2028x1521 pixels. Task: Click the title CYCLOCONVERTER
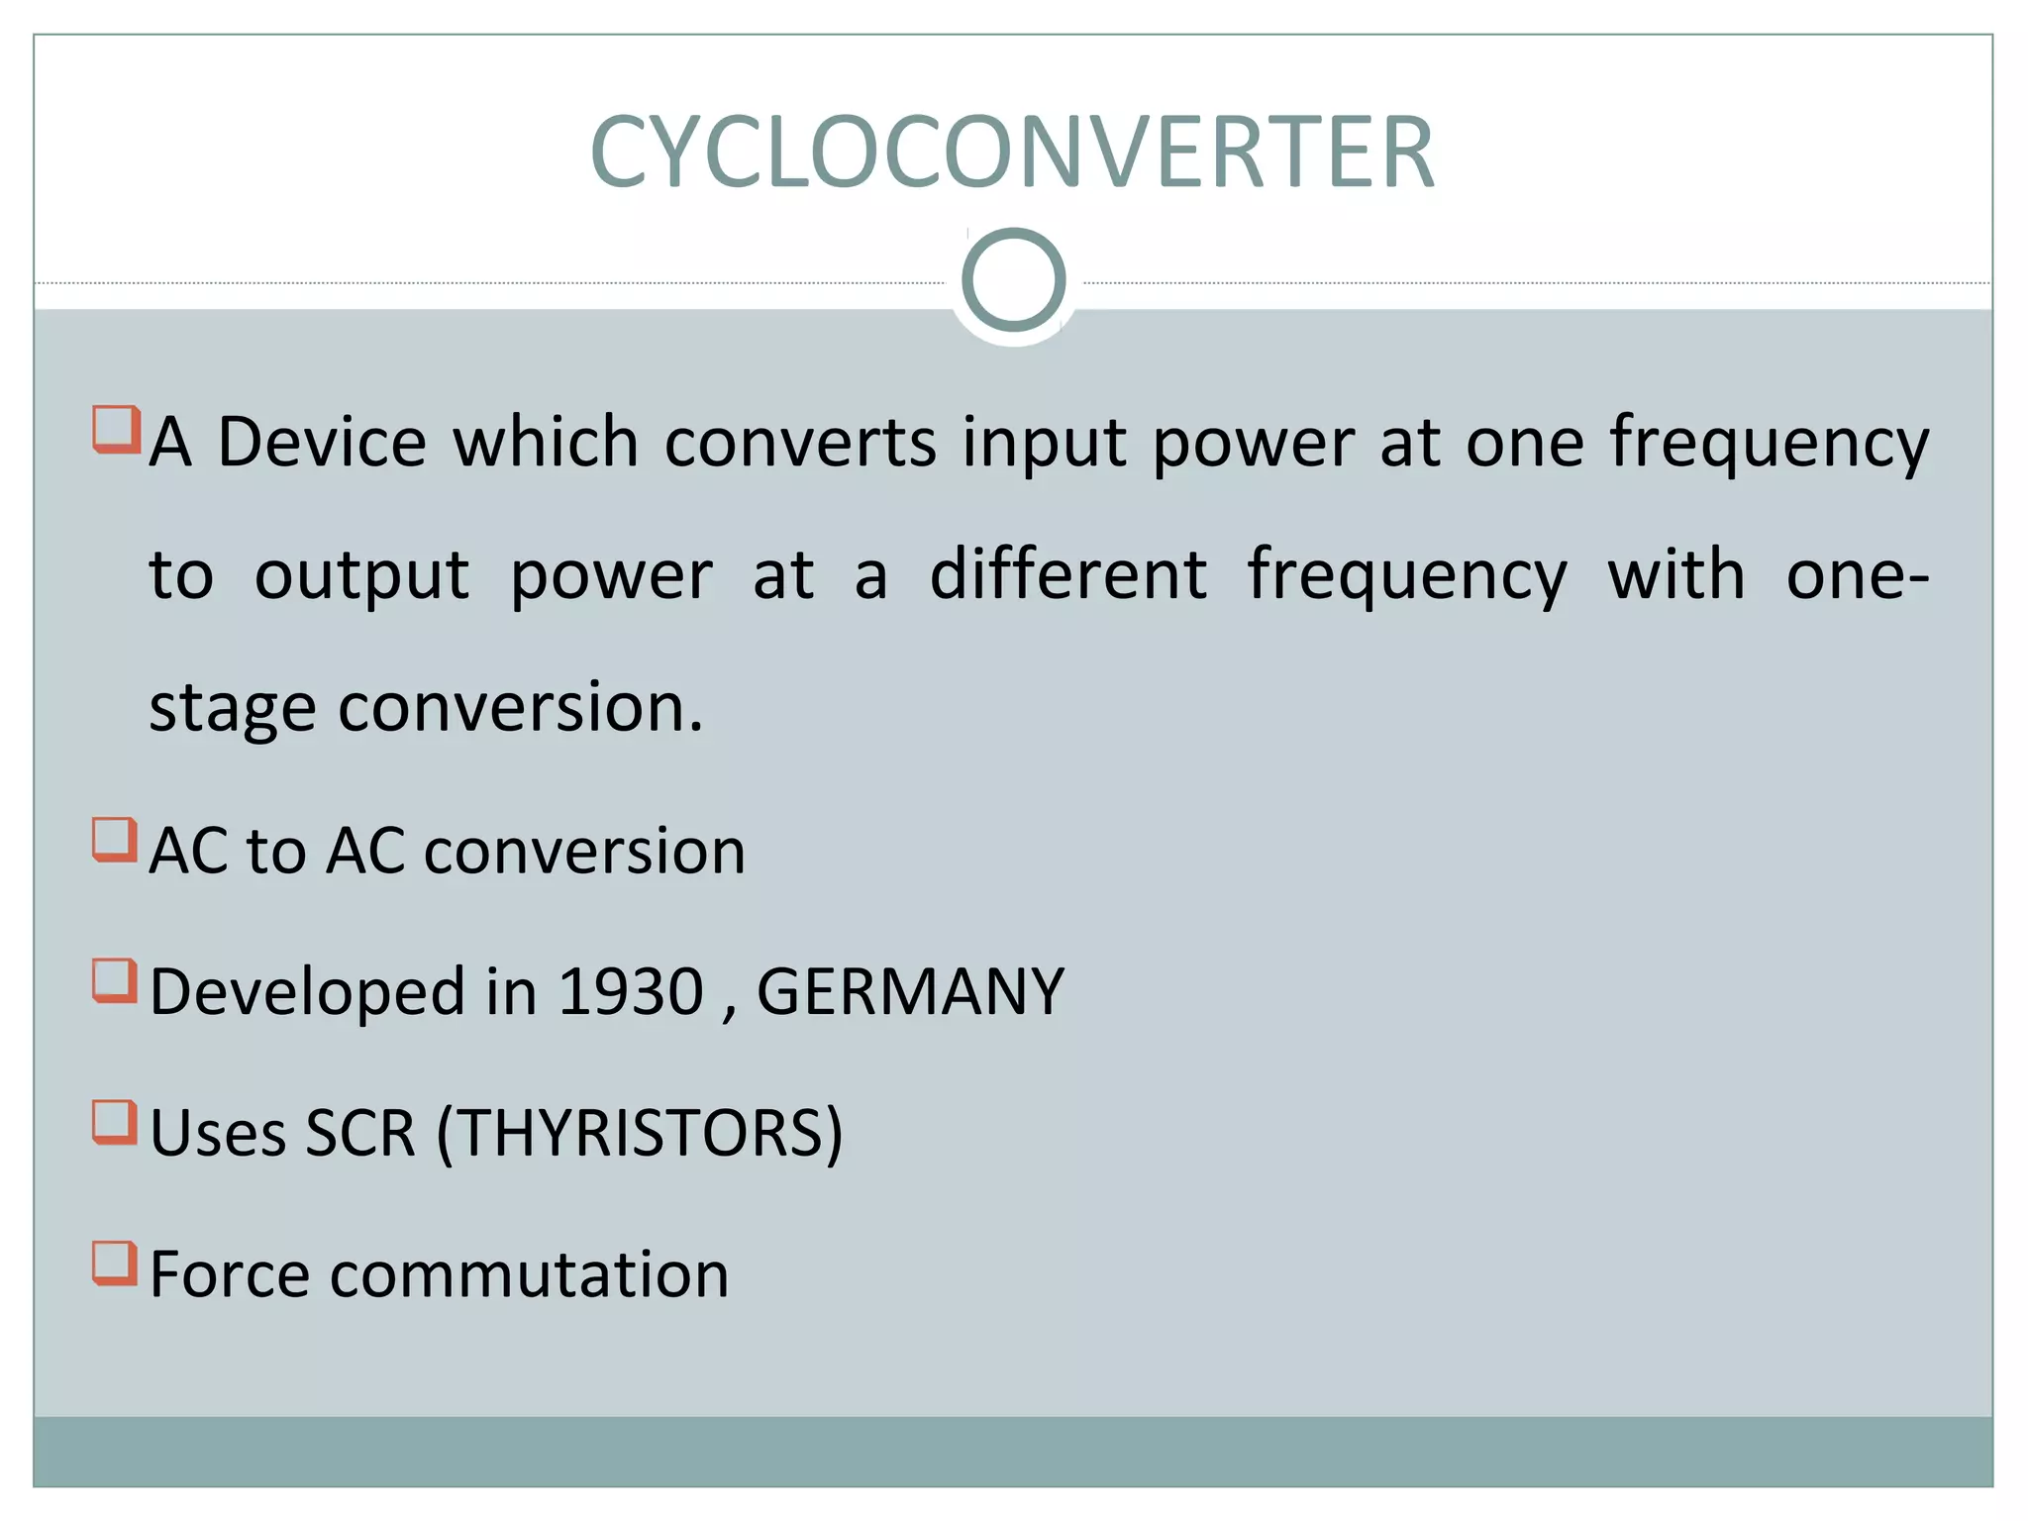1012,152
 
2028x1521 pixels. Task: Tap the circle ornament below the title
1013,280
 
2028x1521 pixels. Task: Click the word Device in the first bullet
322,442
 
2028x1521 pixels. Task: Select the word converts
800,442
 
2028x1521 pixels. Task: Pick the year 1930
631,991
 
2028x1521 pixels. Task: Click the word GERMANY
910,991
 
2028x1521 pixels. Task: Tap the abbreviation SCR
360,1133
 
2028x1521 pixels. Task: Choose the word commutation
530,1274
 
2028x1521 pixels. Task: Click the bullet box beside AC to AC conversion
115,840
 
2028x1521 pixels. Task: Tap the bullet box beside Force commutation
115,1263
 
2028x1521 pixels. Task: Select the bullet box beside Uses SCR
115,1122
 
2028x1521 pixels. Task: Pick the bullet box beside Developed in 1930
115,980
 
